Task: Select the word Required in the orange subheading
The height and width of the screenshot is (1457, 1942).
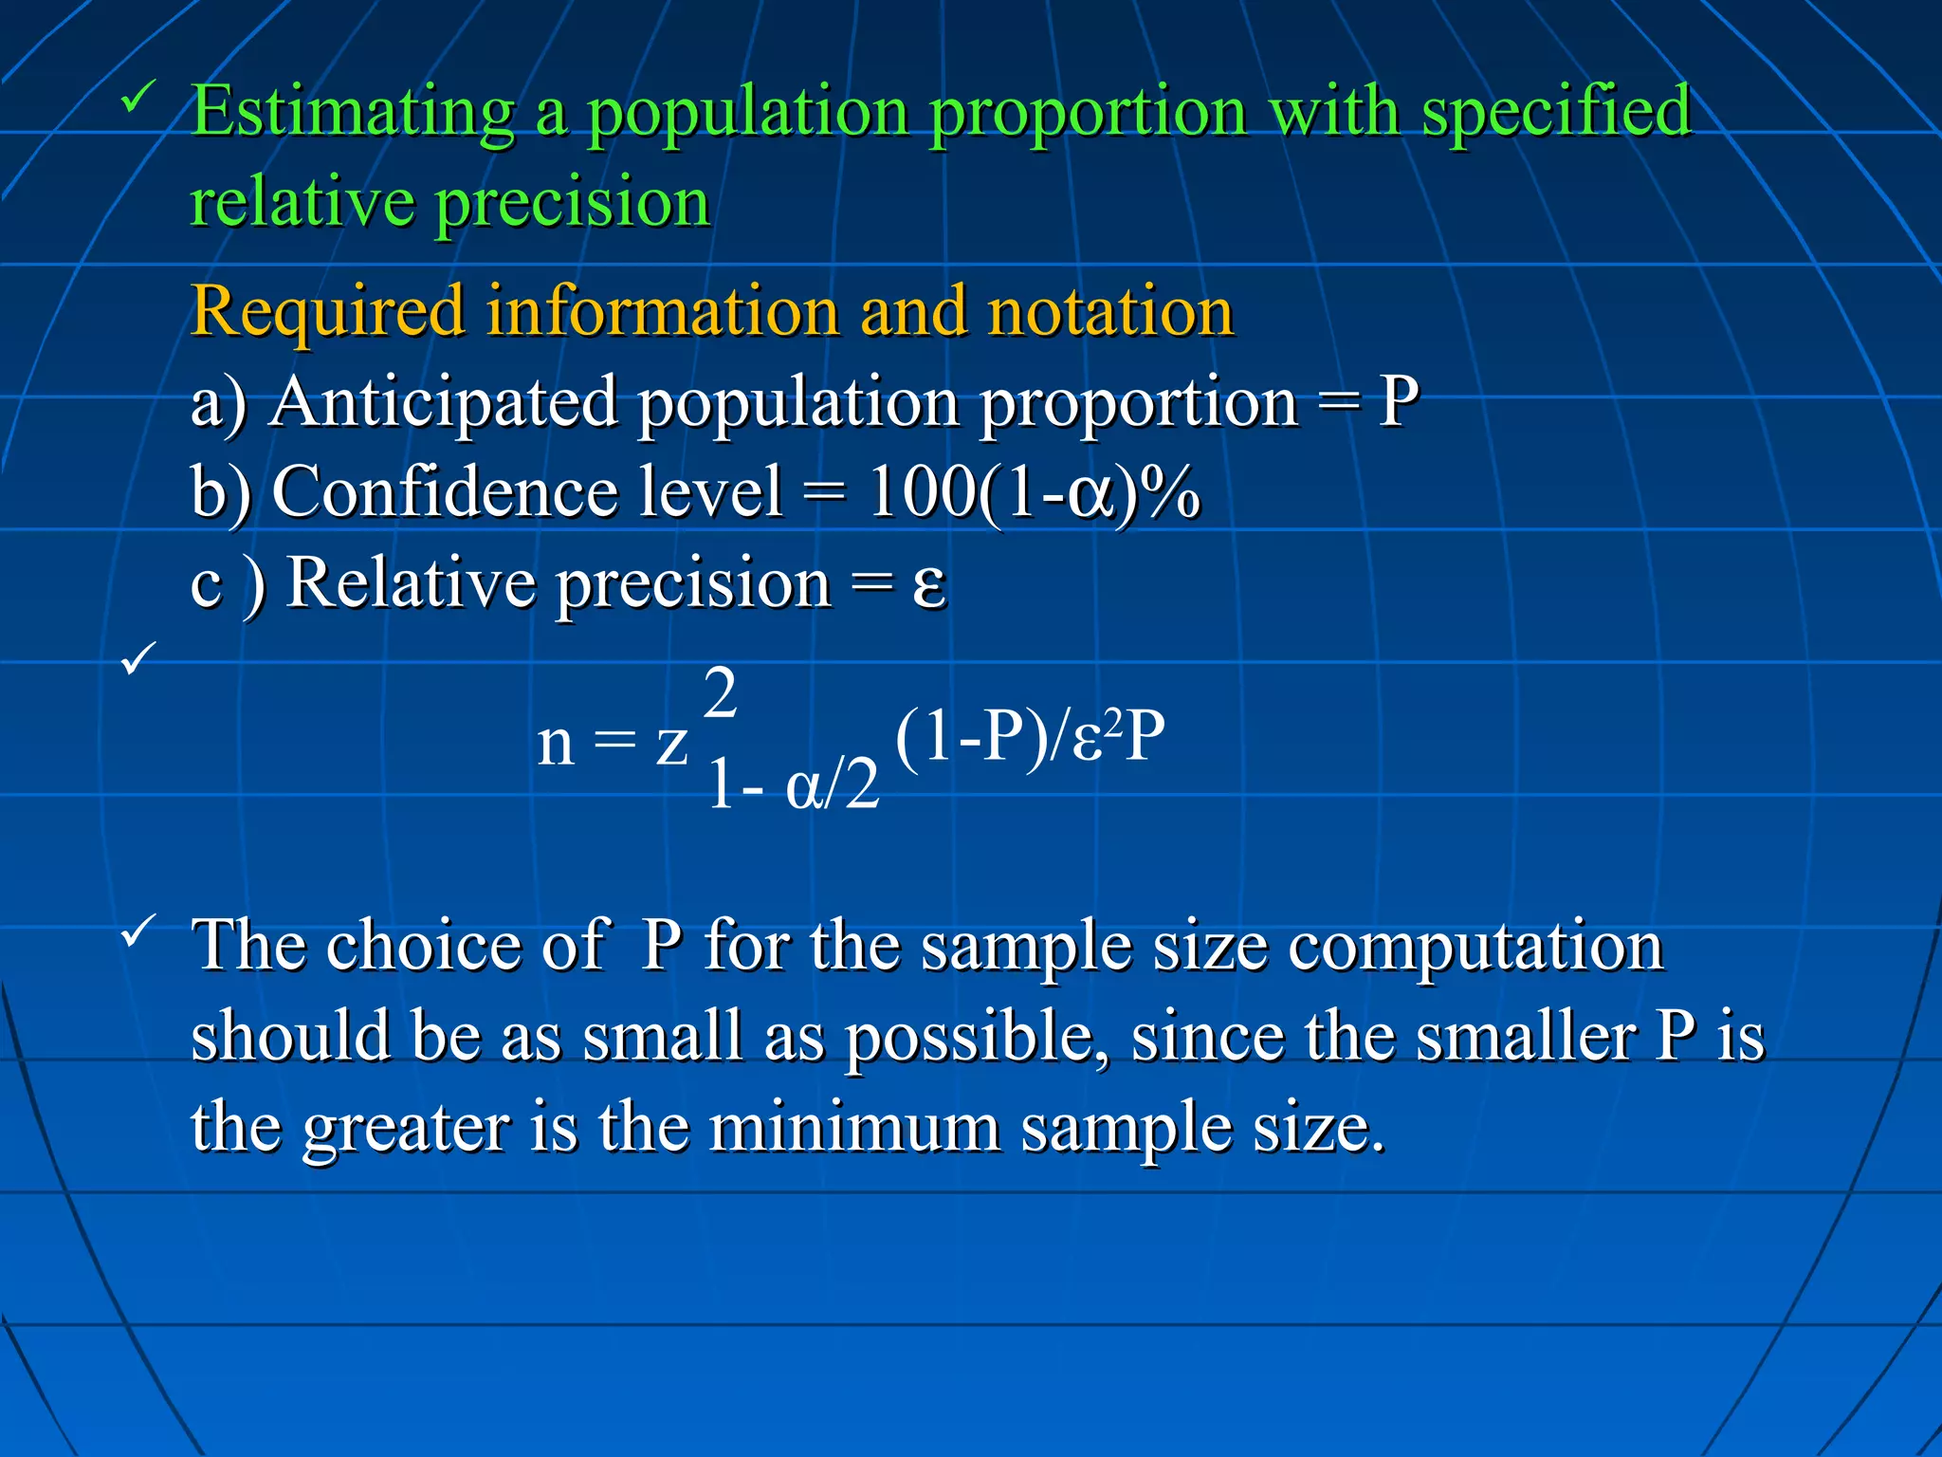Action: pos(327,313)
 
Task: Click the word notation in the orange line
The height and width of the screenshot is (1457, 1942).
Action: pos(1109,313)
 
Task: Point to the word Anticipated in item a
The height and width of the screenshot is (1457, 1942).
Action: pos(444,403)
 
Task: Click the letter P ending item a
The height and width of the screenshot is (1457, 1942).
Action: pos(1398,403)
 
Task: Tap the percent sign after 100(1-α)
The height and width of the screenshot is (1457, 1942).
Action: pos(1170,493)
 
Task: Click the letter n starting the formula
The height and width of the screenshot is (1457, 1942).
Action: pos(556,745)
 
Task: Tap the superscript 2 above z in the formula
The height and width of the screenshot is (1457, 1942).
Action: pos(721,694)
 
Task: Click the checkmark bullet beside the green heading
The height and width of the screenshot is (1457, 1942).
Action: pos(139,97)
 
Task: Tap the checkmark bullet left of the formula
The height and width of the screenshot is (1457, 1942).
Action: pos(139,658)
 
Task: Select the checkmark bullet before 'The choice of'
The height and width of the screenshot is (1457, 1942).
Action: pos(139,931)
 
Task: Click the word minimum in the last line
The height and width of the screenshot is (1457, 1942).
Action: pos(854,1129)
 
